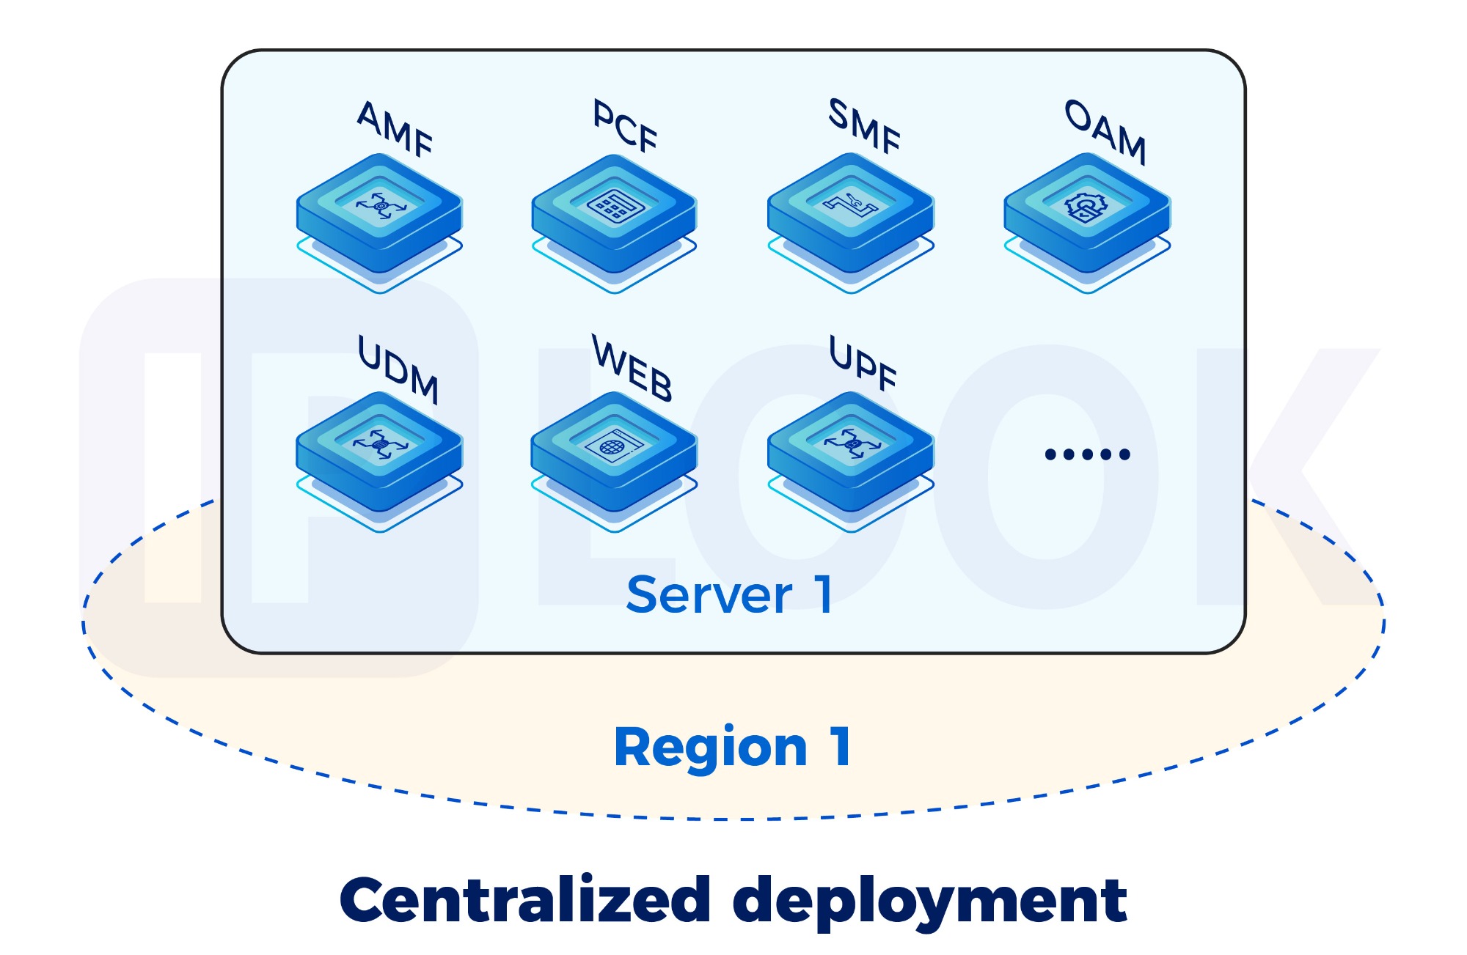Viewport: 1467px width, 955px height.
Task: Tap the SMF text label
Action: [864, 126]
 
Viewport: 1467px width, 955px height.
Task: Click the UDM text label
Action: [398, 369]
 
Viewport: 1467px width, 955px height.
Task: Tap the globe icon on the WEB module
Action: [613, 446]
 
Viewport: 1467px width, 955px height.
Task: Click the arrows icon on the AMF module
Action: [380, 206]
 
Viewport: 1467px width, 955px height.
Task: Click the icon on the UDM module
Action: [379, 444]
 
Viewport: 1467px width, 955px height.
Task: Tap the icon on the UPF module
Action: [851, 443]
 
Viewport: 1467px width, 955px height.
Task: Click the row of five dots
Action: [1087, 454]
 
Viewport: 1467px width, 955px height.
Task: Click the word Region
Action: [710, 748]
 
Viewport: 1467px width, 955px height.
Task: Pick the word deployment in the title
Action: [929, 901]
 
